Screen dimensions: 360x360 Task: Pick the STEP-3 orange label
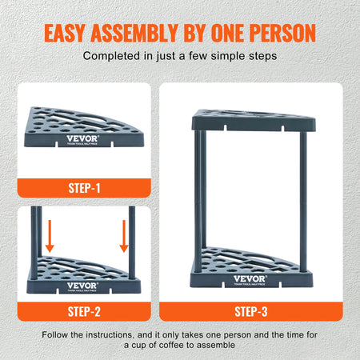click(251, 311)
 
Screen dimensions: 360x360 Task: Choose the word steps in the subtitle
click(260, 57)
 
